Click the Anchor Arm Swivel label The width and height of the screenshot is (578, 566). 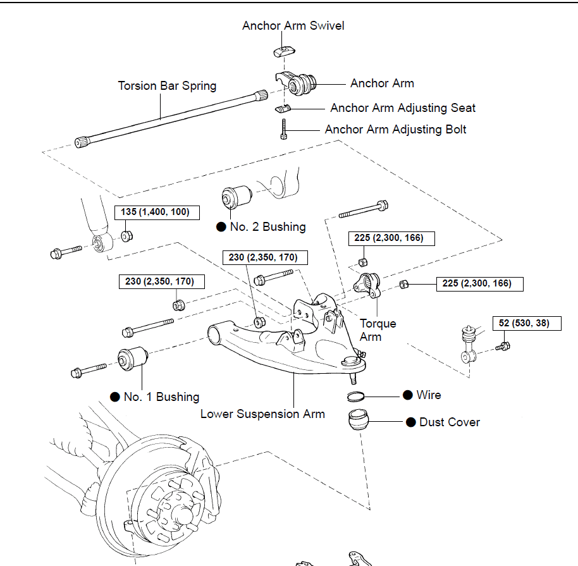tap(293, 26)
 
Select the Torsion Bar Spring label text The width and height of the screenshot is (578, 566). tap(167, 85)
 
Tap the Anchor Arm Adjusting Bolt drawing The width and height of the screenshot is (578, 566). tap(285, 130)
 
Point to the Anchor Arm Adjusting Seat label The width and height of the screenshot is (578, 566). tap(403, 108)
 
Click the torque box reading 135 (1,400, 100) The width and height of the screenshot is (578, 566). tap(155, 212)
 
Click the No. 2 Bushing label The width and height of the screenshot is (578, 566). tap(267, 227)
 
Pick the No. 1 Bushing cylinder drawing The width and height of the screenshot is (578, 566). tap(132, 360)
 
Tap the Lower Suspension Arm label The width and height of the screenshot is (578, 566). tap(262, 414)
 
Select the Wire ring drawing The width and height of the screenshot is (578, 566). tap(357, 396)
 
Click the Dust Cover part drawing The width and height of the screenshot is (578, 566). tap(360, 420)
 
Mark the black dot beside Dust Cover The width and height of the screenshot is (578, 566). tap(409, 422)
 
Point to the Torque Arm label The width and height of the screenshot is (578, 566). tap(378, 330)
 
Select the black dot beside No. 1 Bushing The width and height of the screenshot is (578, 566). tap(115, 397)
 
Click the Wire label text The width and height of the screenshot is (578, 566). tap(429, 395)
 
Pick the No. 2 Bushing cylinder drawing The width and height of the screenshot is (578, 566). tap(236, 196)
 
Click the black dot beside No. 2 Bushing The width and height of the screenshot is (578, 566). tap(221, 227)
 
